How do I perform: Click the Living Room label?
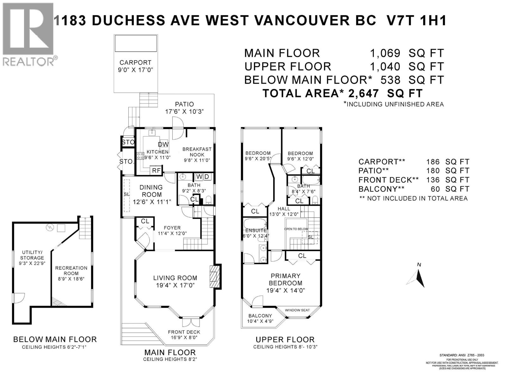[175, 278]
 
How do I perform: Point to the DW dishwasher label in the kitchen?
[163, 145]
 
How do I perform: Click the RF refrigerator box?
[156, 171]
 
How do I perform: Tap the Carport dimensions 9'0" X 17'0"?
[135, 70]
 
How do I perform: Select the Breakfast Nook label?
[197, 152]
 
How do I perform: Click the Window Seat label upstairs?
[297, 310]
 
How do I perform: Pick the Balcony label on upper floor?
[260, 316]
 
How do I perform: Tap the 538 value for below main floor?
[391, 80]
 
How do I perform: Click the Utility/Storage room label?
[32, 255]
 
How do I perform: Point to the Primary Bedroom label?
[286, 280]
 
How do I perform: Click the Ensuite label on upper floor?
[256, 231]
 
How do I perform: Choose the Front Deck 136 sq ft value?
[433, 180]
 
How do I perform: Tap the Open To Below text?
[296, 229]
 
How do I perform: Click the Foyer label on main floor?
[172, 228]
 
